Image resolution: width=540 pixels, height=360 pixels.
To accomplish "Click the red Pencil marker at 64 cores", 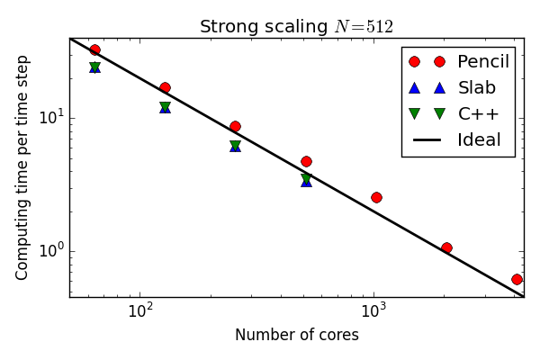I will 94,50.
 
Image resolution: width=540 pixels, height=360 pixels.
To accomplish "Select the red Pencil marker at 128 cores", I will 165,87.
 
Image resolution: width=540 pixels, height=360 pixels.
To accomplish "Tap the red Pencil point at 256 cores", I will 235,126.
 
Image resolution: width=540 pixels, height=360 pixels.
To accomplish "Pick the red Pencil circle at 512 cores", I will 306,161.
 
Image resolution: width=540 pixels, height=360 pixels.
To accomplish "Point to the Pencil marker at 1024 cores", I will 376,197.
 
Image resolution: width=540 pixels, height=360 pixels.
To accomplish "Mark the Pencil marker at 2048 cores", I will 446,247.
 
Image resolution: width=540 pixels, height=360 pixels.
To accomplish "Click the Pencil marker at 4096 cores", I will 517,279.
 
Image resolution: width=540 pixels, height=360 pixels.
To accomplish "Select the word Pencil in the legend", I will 482,61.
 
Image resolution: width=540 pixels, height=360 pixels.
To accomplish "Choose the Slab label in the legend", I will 476,87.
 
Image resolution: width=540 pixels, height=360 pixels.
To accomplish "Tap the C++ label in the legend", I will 478,113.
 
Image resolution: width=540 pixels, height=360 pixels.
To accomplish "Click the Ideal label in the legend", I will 479,139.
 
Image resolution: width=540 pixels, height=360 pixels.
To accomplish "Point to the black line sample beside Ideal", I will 427,140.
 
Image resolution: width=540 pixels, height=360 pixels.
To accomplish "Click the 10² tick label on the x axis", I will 139,311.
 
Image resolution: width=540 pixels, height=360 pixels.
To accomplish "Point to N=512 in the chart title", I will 364,27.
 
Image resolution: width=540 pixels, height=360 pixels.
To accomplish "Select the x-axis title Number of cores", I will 296,336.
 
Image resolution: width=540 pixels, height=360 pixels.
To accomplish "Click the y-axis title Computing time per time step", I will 23,167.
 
